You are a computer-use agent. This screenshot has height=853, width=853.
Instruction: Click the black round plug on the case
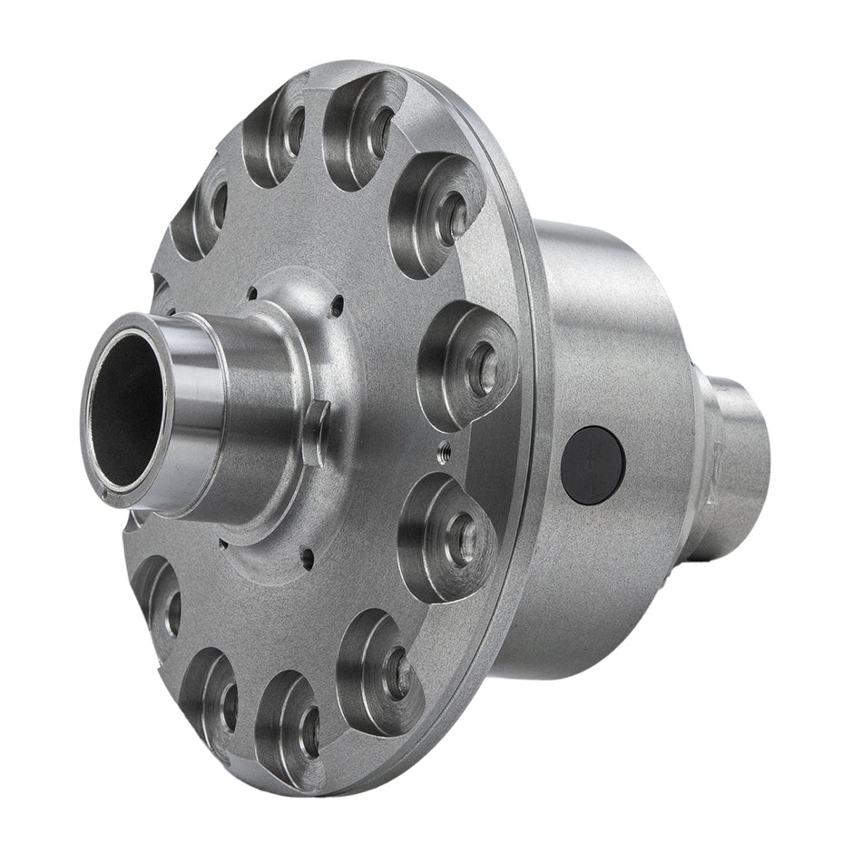pyautogui.click(x=593, y=465)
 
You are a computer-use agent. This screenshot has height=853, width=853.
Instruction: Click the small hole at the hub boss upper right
pyautogui.click(x=337, y=307)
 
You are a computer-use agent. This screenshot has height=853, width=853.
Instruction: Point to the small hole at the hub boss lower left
pyautogui.click(x=221, y=545)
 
